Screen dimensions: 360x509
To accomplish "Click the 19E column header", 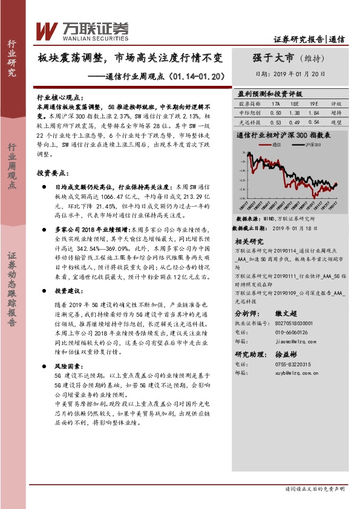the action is click(x=314, y=104).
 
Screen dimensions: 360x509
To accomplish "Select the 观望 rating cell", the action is click(x=337, y=122).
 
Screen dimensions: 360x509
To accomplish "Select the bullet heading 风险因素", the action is click(x=66, y=367).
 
